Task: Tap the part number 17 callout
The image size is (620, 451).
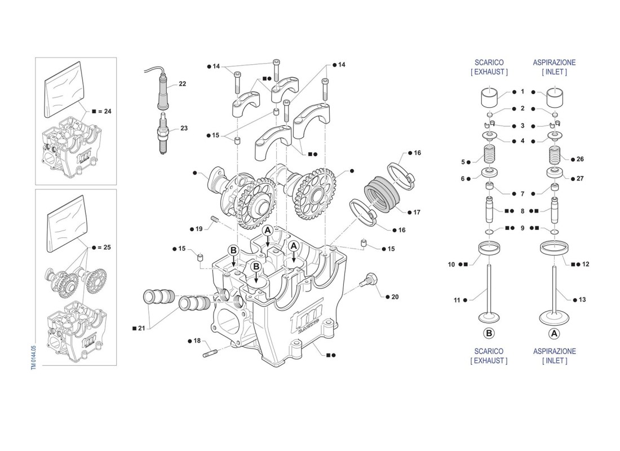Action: (417, 213)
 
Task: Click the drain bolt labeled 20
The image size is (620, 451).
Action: (370, 280)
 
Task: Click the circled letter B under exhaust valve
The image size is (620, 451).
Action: (489, 333)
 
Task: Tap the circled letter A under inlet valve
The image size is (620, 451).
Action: (554, 333)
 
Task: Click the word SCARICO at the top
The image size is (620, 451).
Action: (489, 63)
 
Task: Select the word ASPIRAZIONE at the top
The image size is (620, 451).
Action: (554, 63)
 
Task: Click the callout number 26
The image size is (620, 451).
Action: (580, 159)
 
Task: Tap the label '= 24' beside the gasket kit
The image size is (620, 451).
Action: (104, 111)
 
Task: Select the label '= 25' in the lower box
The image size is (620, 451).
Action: (104, 247)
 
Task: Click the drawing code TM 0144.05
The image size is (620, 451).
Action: (34, 358)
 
